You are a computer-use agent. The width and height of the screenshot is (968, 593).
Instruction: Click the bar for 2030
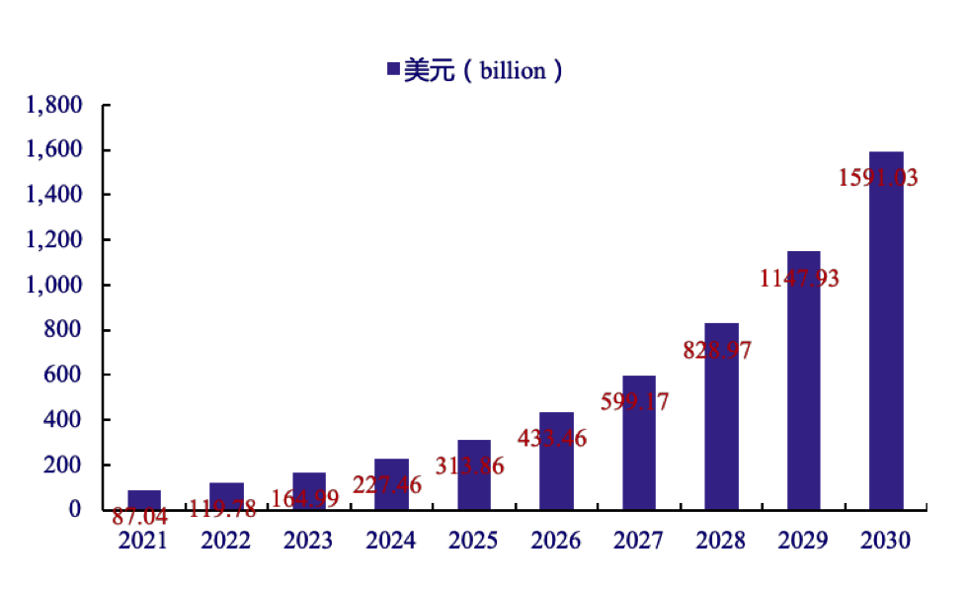(x=886, y=331)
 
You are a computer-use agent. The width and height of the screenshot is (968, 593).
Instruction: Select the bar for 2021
(x=144, y=499)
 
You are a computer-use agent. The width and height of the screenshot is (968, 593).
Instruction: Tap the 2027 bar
(x=639, y=443)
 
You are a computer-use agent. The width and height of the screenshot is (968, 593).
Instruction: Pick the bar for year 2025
(x=474, y=474)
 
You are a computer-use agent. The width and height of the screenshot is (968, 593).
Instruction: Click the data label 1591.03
(x=879, y=179)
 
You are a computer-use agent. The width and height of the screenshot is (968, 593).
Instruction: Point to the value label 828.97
(x=724, y=350)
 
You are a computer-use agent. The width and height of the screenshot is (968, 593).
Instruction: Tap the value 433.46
(x=552, y=438)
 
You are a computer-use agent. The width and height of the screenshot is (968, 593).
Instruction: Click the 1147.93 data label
(x=799, y=279)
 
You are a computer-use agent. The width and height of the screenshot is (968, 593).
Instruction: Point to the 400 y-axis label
(x=63, y=420)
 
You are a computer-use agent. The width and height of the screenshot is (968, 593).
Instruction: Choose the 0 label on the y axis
(x=75, y=510)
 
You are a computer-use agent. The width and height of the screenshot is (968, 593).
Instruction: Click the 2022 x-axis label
(x=226, y=541)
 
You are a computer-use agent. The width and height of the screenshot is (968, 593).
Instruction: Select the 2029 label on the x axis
(x=803, y=541)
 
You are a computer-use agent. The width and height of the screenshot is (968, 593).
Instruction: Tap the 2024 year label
(x=391, y=541)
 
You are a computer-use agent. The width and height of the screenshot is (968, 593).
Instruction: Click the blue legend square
(x=393, y=69)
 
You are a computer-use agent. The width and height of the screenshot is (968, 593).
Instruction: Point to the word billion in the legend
(x=513, y=70)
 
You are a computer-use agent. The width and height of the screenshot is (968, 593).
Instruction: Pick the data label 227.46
(x=387, y=485)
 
